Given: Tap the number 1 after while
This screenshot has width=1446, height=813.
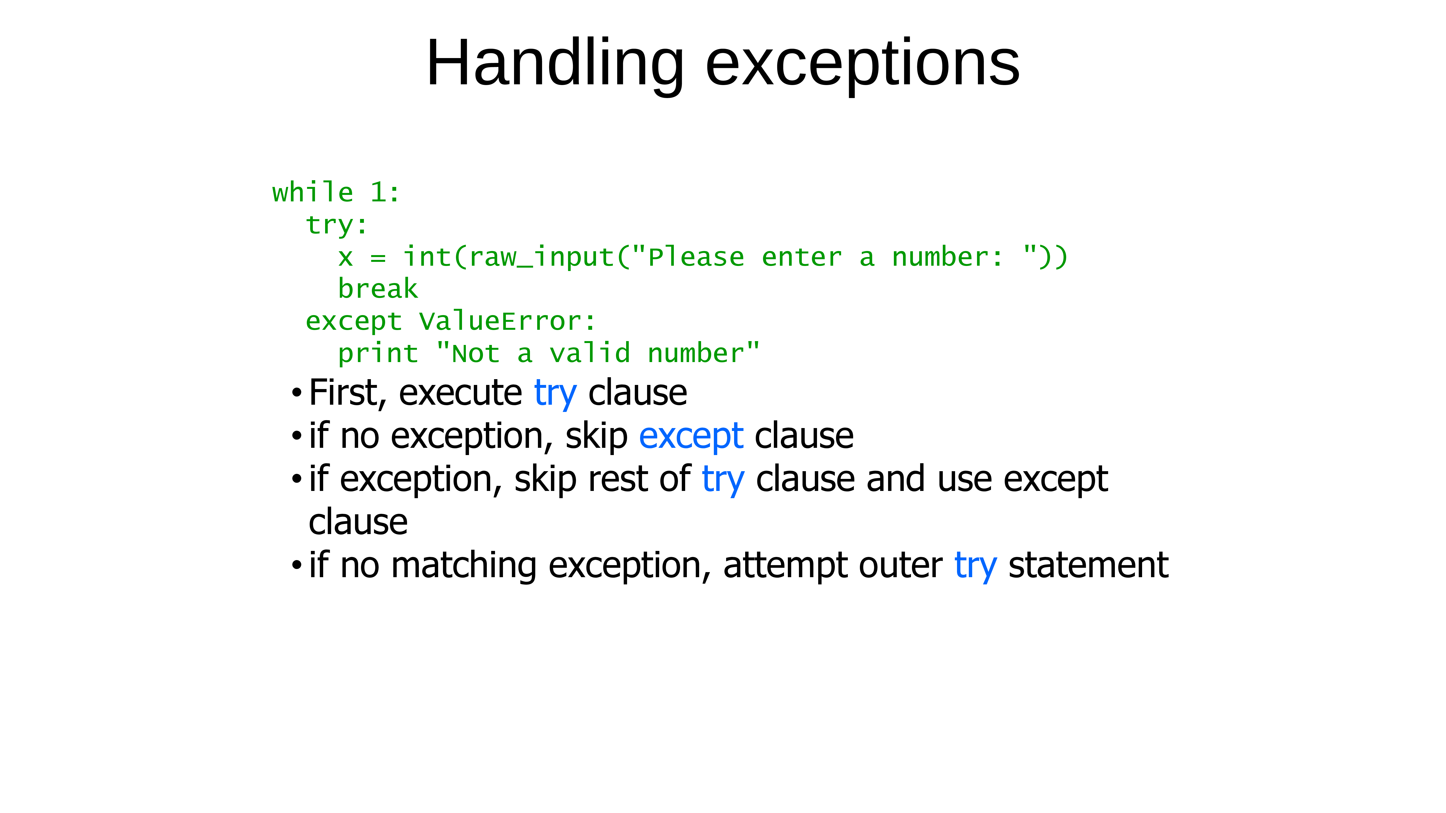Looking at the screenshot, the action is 378,192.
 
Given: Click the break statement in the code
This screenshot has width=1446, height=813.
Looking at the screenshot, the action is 378,289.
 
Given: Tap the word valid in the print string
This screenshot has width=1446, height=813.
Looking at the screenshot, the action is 590,353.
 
